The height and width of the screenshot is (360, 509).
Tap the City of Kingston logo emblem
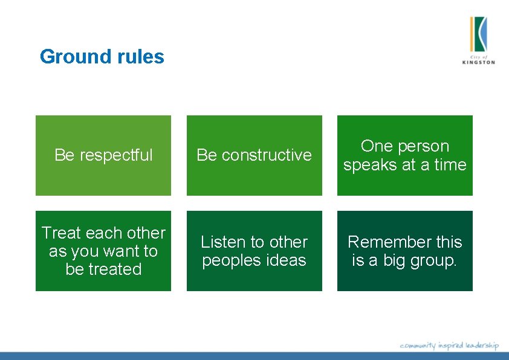pos(478,34)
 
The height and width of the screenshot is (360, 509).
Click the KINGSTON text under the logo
pos(478,62)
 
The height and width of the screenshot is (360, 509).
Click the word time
pos(450,165)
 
